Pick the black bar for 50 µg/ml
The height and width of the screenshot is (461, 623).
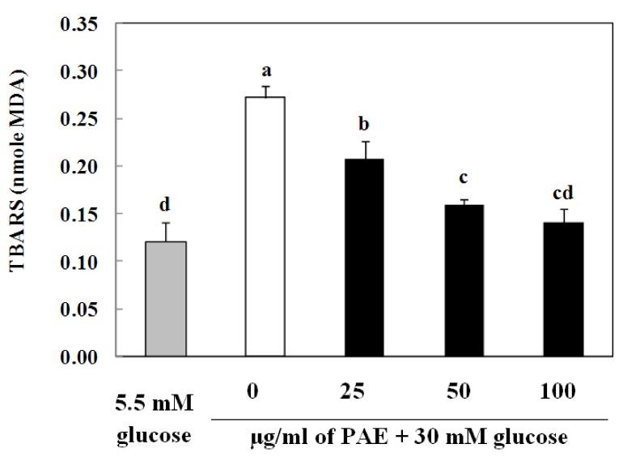pyautogui.click(x=464, y=280)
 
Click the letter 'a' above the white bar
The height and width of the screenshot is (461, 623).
pyautogui.click(x=266, y=74)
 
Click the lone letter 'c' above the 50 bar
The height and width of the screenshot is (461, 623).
pyautogui.click(x=464, y=178)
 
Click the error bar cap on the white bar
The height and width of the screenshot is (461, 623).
pyautogui.click(x=266, y=87)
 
